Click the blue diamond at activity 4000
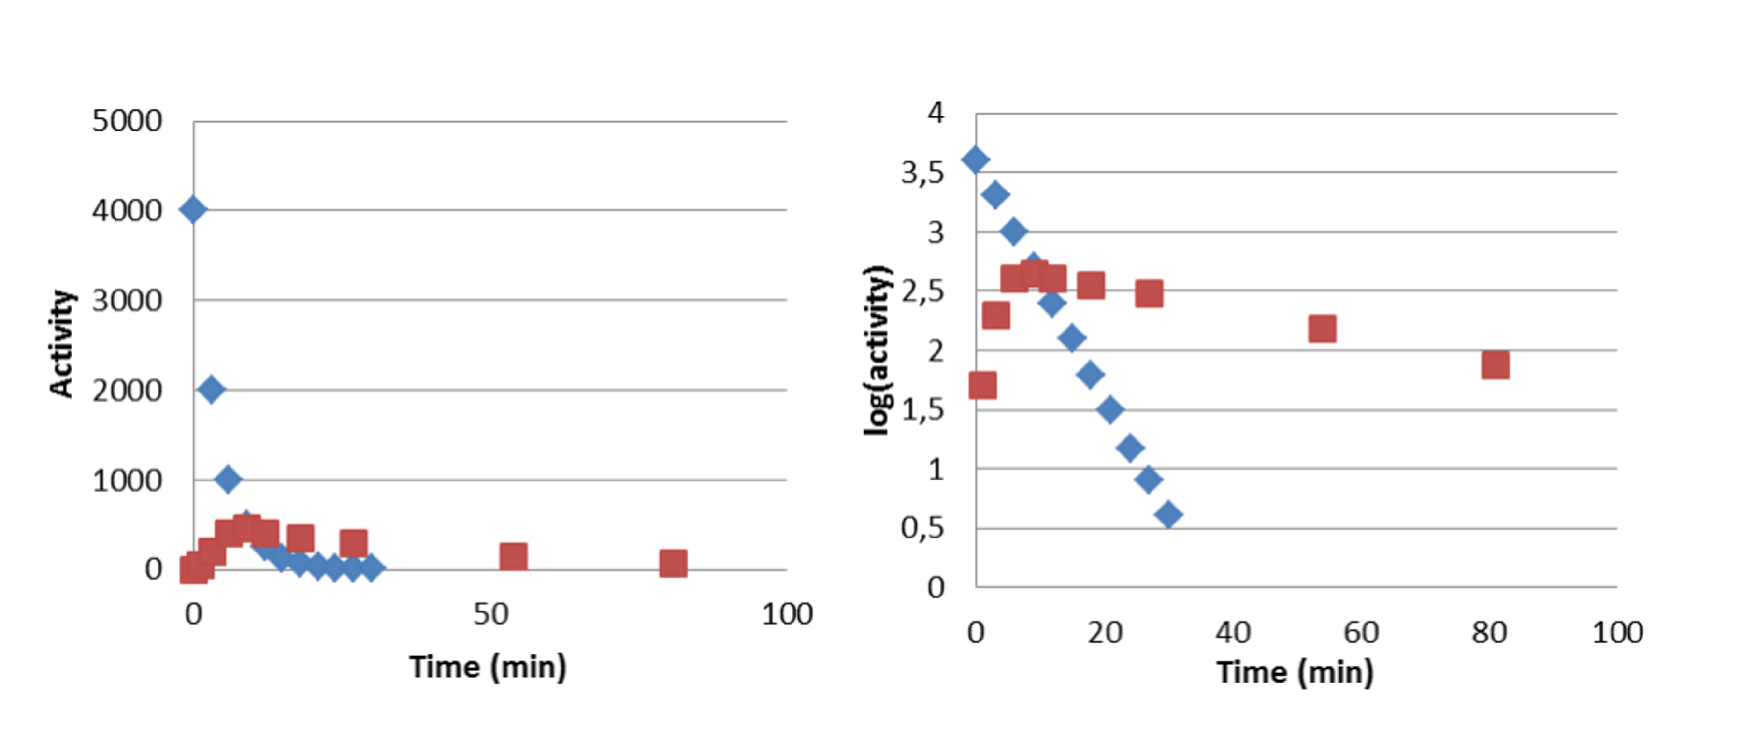click(193, 210)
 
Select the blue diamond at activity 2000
click(211, 390)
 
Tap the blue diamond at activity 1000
click(229, 480)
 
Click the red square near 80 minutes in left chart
click(673, 563)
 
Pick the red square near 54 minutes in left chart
click(513, 556)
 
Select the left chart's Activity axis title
click(62, 344)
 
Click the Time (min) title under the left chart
click(488, 668)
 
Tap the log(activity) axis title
click(878, 350)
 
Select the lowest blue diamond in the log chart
click(1168, 515)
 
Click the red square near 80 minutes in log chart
click(1495, 365)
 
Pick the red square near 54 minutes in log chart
click(1322, 329)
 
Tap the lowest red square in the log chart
click(982, 385)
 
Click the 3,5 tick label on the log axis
click(922, 173)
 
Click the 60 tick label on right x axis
click(1361, 633)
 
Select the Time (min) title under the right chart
click(1295, 672)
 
